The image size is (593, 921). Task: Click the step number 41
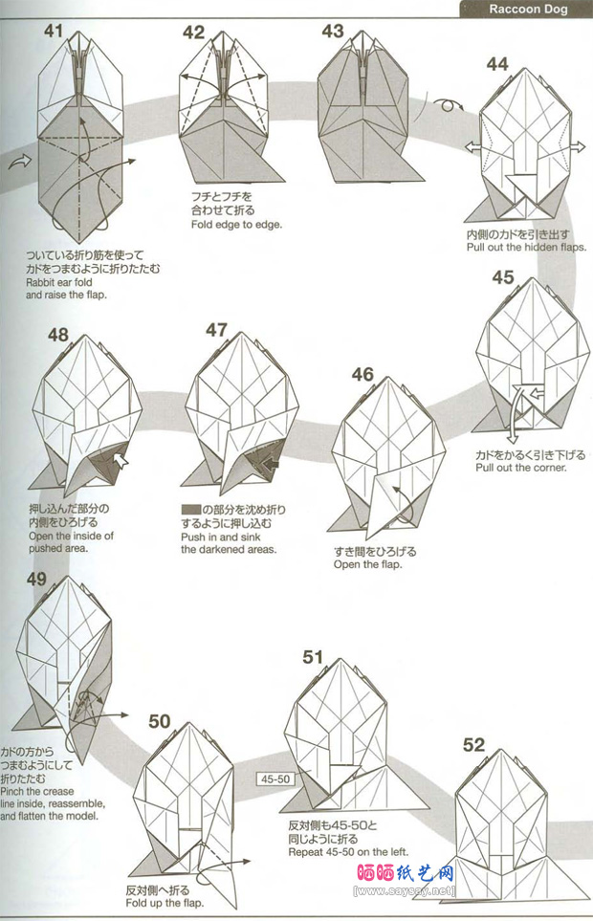[x=53, y=32]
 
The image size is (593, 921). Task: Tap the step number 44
[x=497, y=64]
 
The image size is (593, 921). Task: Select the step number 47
[x=216, y=331]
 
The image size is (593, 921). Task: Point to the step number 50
[x=160, y=720]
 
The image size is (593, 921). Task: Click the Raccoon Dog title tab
[x=528, y=10]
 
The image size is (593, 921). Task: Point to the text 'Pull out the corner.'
[x=521, y=468]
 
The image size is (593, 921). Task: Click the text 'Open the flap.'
[x=368, y=564]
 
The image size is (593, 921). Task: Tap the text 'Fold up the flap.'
[x=166, y=903]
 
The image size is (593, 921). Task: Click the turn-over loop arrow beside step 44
[x=445, y=105]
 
